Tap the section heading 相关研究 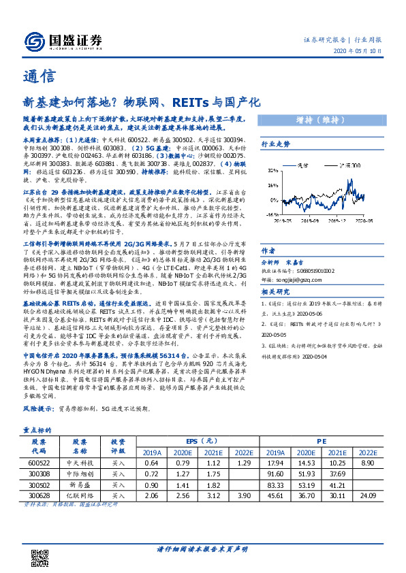click(x=276, y=293)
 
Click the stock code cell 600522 click(x=38, y=463)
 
